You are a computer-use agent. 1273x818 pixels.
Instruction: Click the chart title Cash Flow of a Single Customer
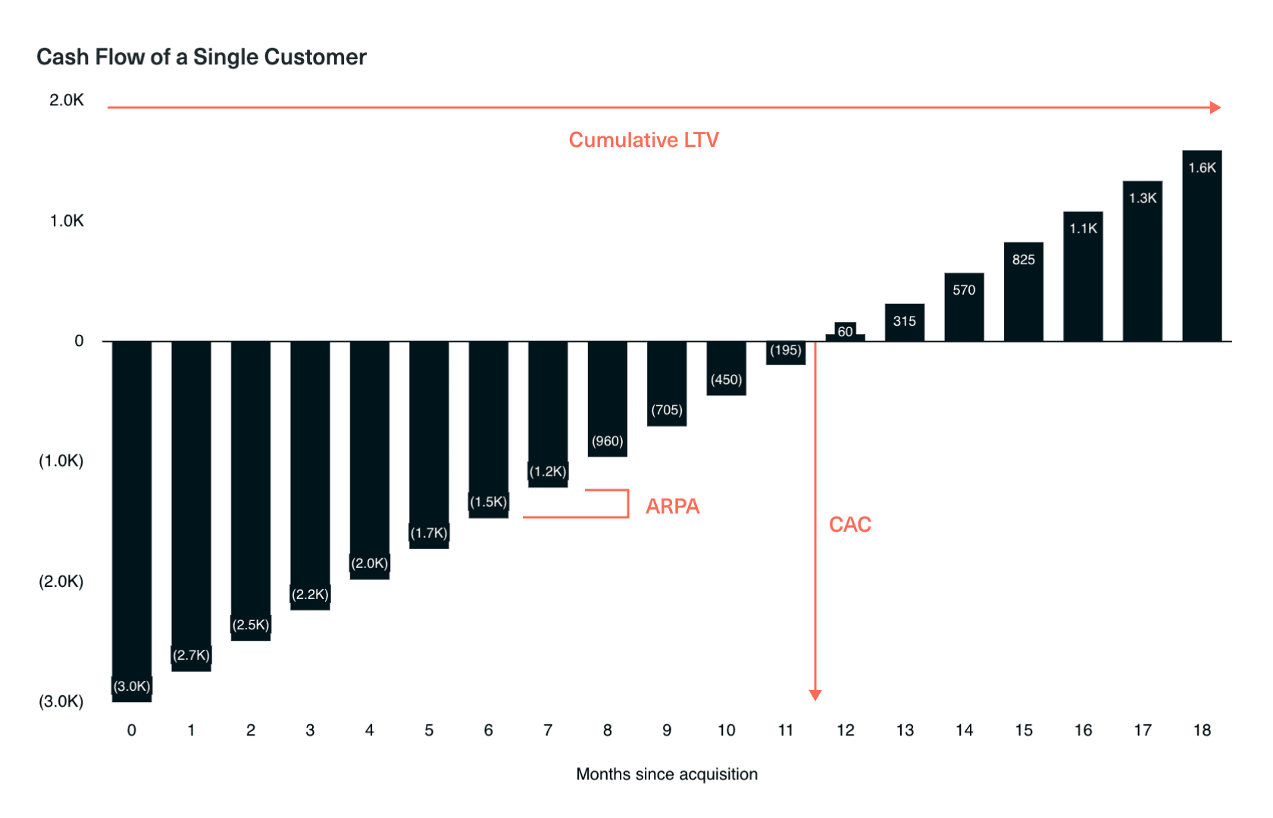pos(202,58)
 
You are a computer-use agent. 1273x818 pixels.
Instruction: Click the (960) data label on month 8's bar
pos(608,442)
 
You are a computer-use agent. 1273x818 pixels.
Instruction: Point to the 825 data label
pos(1024,260)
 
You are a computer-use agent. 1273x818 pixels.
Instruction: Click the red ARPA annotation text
pos(672,507)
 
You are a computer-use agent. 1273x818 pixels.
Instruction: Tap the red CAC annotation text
pos(850,525)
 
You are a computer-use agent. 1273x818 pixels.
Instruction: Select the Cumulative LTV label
pos(643,140)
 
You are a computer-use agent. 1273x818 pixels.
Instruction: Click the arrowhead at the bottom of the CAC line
pos(815,695)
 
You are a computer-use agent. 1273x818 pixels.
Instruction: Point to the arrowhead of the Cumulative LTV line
pos(1215,108)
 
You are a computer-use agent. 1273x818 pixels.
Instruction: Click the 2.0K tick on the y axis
pos(67,101)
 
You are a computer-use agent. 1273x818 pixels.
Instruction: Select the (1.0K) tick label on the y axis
pos(61,461)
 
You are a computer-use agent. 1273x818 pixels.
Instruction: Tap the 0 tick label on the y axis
pos(79,342)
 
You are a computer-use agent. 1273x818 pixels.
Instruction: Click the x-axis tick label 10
pos(726,730)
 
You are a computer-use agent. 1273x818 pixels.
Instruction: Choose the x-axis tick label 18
pos(1202,730)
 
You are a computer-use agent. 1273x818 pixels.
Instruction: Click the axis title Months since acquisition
pos(667,774)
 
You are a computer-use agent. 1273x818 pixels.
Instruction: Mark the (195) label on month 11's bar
pos(786,350)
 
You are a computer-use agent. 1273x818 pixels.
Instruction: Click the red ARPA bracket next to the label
pos(627,504)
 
